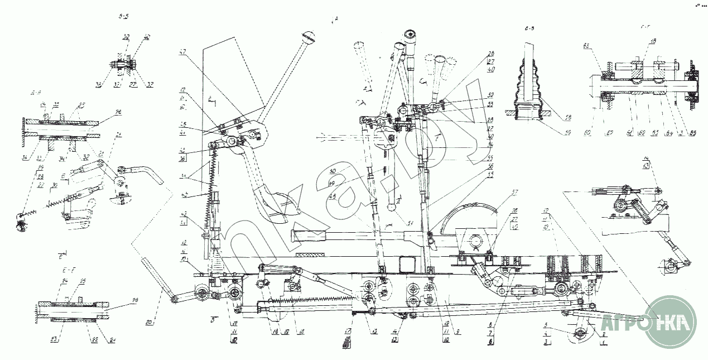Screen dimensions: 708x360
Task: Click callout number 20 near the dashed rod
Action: click(147, 322)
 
